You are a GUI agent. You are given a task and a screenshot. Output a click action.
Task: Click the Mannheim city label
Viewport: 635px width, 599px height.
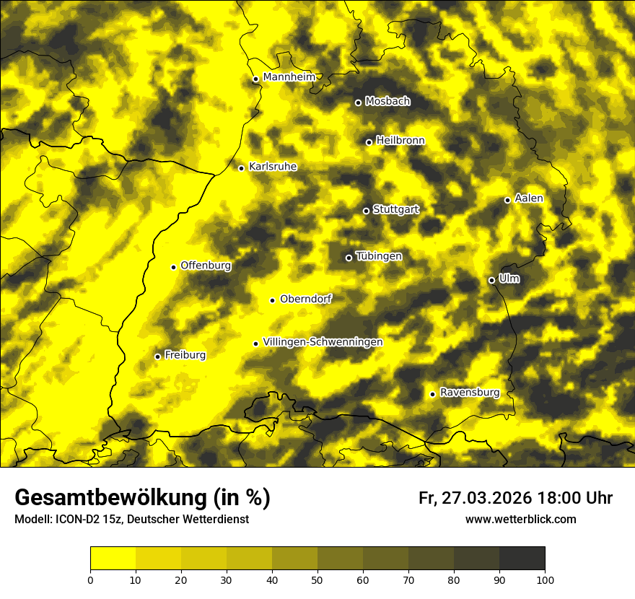[289, 77]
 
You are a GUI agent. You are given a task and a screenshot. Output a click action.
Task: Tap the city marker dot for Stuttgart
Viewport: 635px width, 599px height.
[366, 211]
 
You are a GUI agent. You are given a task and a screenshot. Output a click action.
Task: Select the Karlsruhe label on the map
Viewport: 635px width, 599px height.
[273, 167]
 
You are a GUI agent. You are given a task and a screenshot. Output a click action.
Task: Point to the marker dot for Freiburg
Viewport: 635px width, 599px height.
[157, 357]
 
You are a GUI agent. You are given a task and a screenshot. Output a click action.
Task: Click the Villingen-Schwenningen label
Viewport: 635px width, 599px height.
[323, 342]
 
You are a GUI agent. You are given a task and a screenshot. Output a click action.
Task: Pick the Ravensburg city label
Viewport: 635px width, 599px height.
[470, 393]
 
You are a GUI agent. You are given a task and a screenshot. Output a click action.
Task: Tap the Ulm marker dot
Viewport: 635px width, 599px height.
[491, 280]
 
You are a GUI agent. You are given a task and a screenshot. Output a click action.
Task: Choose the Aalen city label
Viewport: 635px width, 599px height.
[529, 198]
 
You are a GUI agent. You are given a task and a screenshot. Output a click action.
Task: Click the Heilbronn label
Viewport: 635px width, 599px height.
[400, 141]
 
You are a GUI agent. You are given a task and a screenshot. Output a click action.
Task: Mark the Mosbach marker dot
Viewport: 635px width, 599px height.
[358, 102]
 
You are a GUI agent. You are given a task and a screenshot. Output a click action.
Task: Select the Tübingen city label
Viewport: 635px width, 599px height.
[379, 256]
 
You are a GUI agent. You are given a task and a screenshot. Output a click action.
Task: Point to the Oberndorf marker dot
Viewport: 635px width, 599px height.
[272, 300]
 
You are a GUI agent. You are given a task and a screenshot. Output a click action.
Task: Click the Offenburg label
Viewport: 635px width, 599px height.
[206, 266]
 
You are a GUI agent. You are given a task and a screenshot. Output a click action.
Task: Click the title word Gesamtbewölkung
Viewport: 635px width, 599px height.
[111, 498]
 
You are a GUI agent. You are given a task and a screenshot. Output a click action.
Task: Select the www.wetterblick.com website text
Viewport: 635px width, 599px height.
[520, 519]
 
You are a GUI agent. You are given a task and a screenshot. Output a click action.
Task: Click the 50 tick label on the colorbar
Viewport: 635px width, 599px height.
[317, 579]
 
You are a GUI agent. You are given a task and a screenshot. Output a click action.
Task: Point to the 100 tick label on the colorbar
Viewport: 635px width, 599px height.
[545, 579]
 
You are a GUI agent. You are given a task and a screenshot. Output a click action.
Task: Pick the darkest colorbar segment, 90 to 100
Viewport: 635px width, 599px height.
[522, 558]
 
